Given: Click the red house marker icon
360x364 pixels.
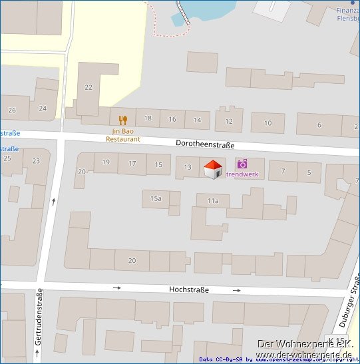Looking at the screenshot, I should click(212, 169).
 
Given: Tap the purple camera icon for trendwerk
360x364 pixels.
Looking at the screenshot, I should click(242, 164).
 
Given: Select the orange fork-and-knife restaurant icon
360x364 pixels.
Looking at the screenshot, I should click(122, 120).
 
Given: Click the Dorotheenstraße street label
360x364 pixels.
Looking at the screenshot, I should click(206, 144).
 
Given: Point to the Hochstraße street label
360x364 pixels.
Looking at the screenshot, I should click(189, 289).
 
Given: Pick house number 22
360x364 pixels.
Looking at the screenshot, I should click(89, 87).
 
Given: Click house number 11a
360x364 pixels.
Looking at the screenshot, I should click(212, 200).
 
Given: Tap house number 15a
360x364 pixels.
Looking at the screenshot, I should click(156, 198).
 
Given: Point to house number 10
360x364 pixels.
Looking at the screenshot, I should click(268, 123).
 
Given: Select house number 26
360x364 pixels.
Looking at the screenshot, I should click(12, 109).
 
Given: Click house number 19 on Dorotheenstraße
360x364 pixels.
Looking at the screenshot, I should click(106, 162).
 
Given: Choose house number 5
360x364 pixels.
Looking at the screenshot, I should click(309, 172).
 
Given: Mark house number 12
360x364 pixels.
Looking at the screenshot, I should click(229, 121).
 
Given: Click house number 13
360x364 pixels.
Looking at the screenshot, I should click(188, 167).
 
